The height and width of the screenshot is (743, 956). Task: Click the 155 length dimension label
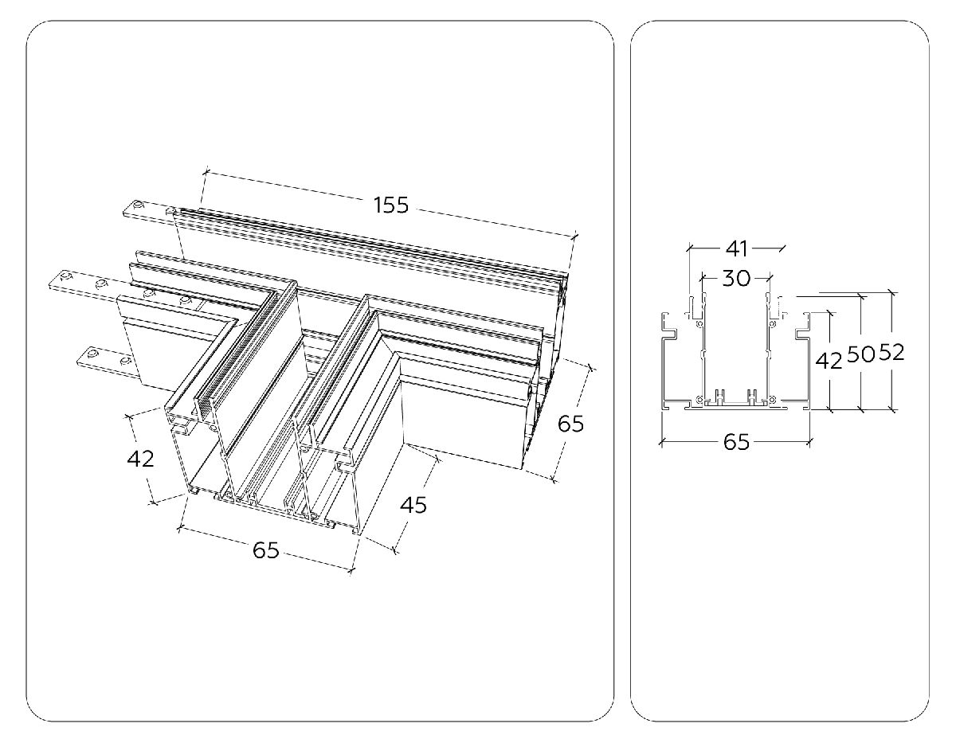[x=390, y=205]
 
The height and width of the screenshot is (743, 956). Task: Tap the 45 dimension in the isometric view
[x=413, y=505]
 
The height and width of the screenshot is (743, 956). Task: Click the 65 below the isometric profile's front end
[x=265, y=549]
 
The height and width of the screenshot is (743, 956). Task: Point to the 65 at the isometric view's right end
[x=570, y=423]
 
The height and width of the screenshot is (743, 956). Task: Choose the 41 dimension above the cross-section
[x=737, y=248]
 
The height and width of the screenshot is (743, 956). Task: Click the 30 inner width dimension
[x=736, y=278]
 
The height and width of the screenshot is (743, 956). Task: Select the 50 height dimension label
[x=860, y=354]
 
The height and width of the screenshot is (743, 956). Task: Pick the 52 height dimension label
[x=891, y=353]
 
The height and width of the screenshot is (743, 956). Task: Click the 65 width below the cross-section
[x=736, y=442]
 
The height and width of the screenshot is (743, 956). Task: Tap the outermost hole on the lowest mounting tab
[x=93, y=354]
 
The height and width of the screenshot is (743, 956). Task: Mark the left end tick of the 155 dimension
[x=205, y=171]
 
